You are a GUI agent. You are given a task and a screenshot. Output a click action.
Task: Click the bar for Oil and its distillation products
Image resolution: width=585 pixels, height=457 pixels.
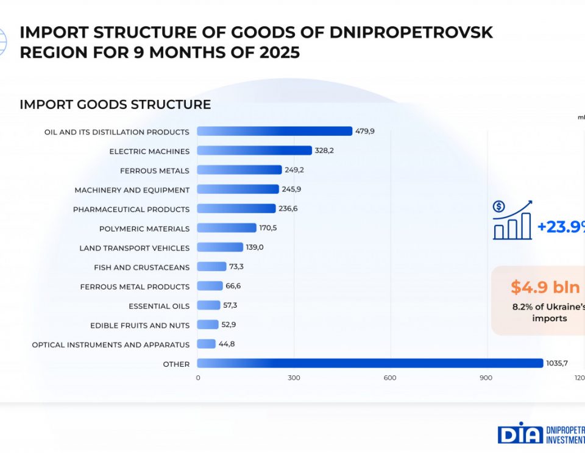click(274, 131)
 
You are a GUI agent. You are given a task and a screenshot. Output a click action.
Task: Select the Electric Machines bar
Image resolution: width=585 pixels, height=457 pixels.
click(254, 151)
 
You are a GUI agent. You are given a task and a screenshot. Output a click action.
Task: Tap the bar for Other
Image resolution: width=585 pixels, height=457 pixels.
click(369, 363)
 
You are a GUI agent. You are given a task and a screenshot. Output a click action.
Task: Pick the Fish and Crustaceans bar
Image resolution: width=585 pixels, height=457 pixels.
click(211, 266)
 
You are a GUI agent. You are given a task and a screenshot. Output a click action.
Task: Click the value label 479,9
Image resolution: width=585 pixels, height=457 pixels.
click(365, 131)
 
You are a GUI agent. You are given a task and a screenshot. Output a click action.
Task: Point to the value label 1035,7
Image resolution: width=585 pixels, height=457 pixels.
click(557, 363)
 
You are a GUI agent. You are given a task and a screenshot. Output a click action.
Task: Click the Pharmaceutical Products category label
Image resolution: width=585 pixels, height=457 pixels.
click(131, 209)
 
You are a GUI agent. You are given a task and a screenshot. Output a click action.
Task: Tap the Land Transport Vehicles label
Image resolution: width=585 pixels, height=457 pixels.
click(134, 248)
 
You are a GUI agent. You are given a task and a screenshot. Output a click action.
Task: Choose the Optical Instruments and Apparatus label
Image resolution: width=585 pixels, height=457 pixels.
click(111, 344)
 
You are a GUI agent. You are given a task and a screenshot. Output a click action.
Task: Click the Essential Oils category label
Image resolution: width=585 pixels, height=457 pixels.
click(159, 306)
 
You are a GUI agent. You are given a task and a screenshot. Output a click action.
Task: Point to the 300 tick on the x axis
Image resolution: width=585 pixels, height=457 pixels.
click(294, 378)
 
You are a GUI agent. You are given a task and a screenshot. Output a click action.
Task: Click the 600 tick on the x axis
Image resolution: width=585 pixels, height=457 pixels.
click(390, 378)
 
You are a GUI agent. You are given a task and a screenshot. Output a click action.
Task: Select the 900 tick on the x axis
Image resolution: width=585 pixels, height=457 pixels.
click(486, 378)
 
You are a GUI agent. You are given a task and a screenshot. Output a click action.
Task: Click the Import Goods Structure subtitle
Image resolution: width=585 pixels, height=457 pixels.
click(115, 104)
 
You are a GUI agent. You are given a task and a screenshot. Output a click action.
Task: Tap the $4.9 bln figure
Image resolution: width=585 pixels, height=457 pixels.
click(545, 287)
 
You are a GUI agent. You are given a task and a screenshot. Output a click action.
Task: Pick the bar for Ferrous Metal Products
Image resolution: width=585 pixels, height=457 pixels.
click(210, 286)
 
